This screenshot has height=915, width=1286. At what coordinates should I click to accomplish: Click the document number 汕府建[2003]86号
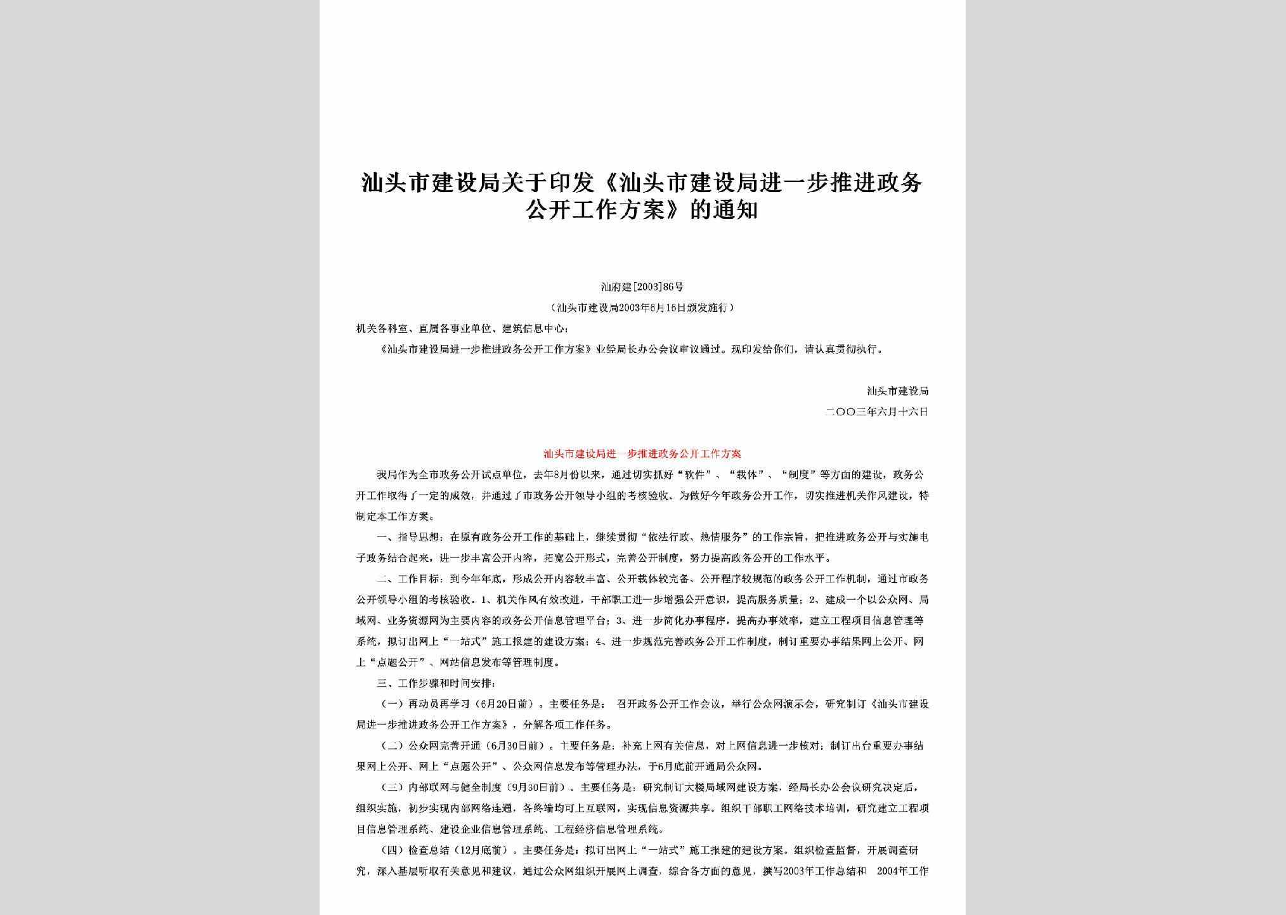[642, 287]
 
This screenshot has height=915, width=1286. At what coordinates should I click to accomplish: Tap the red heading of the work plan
[642, 454]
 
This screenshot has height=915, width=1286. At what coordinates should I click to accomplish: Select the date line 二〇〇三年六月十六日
[877, 412]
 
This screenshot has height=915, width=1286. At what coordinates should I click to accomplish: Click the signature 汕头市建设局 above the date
[897, 391]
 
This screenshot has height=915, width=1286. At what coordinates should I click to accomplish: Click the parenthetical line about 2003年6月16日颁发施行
[642, 308]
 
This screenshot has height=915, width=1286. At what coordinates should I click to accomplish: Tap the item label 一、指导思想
[411, 537]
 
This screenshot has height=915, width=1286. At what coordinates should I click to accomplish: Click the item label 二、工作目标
[411, 579]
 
